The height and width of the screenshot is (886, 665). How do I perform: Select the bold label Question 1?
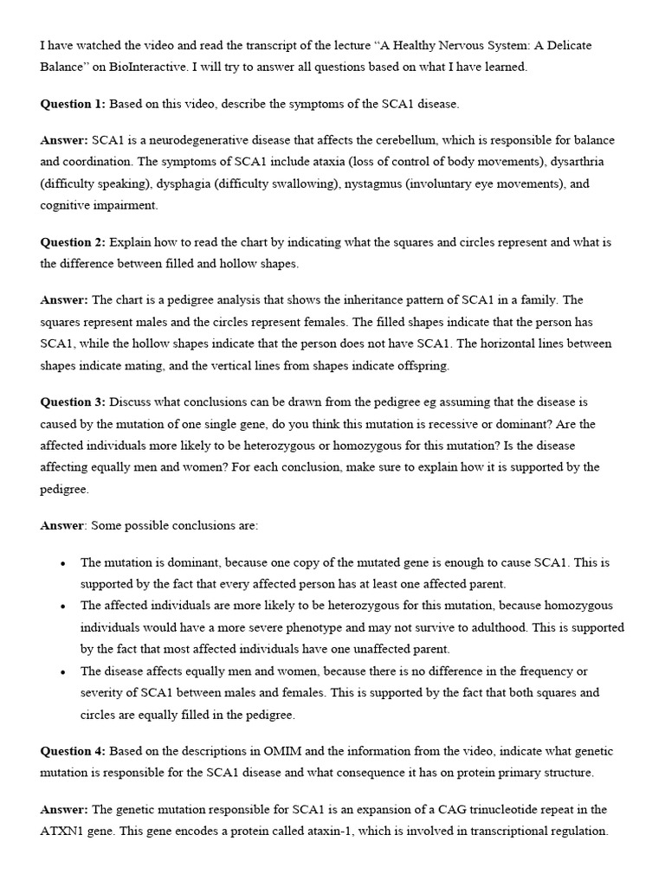pos(73,104)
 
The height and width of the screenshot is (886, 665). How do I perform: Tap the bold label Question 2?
pos(73,242)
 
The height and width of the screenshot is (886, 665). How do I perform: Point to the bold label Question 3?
pos(73,402)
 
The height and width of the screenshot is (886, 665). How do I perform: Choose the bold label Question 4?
pos(73,751)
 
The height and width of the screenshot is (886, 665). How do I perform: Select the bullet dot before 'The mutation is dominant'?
pos(63,563)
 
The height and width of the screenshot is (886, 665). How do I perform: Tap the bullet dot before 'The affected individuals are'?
pos(63,607)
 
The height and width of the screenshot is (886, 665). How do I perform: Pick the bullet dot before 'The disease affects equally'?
pos(63,672)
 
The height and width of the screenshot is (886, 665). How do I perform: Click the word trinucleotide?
pos(458,809)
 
